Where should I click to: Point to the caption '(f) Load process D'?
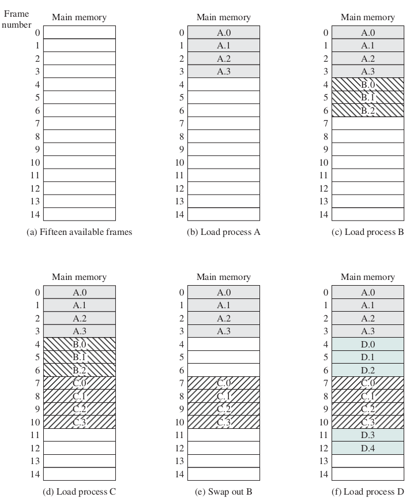367,492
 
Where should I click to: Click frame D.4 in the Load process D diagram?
367,447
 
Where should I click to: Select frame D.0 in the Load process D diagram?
367,344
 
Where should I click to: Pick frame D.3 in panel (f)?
367,435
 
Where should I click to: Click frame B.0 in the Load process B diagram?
367,84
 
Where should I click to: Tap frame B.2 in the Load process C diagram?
79,370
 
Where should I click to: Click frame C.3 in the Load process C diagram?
79,421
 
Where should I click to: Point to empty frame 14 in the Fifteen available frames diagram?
79,214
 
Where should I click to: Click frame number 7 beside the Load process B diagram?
325,124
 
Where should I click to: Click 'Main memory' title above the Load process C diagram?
79,277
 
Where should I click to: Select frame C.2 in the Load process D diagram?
367,409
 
